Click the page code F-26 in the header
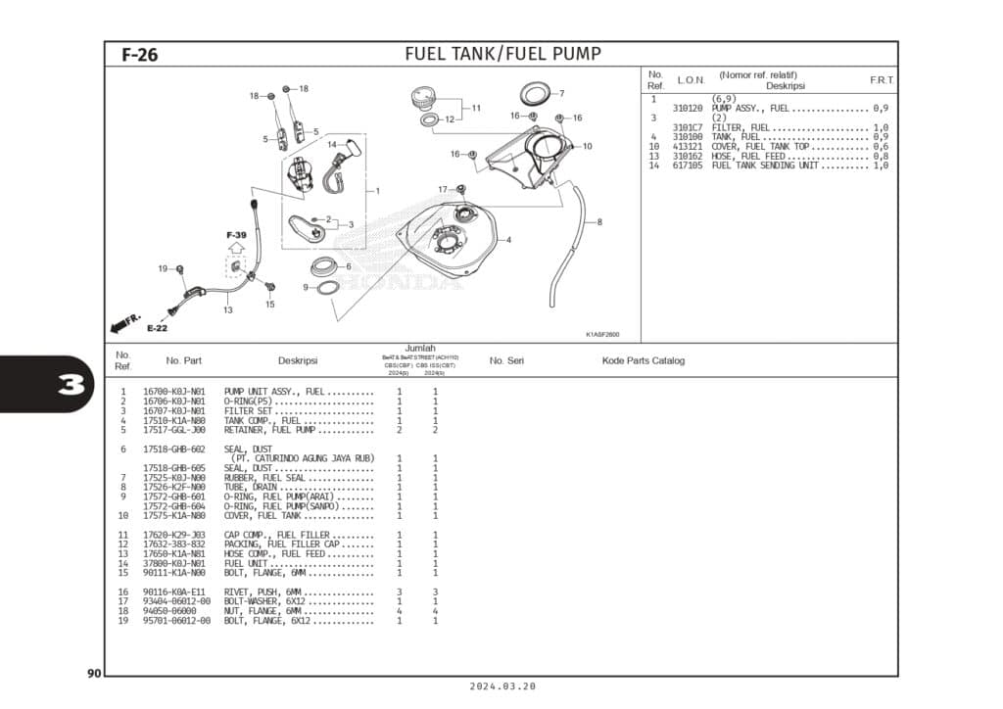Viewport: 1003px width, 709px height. coord(139,55)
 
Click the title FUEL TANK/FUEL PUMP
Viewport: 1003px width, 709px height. coord(502,54)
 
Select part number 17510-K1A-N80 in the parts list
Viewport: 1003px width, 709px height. coord(174,420)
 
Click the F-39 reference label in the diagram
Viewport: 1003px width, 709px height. coord(236,236)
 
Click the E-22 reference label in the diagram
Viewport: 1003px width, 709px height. coord(157,328)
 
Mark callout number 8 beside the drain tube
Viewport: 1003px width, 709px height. coord(599,221)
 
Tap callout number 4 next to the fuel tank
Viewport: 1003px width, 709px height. coord(508,239)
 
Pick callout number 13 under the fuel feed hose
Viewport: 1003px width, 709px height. coord(227,310)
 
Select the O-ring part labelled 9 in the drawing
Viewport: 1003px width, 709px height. coord(327,288)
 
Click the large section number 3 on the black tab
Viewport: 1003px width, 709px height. coord(70,383)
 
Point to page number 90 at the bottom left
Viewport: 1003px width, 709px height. coord(94,673)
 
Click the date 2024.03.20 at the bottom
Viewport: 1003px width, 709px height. coord(502,687)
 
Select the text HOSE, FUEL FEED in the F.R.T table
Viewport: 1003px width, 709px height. coord(749,157)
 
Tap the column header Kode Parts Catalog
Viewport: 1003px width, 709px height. coord(643,360)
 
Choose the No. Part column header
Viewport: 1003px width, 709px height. coord(184,360)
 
